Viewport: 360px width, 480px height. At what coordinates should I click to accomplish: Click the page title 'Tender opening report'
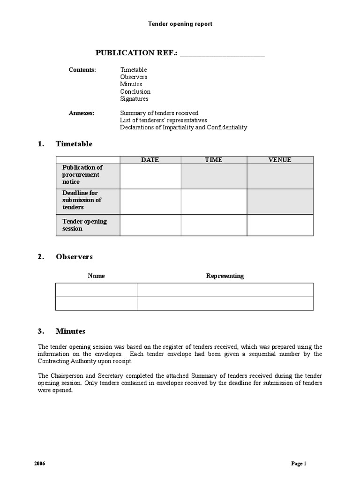pyautogui.click(x=180, y=24)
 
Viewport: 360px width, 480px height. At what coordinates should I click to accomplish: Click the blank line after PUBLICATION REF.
pyautogui.click(x=222, y=53)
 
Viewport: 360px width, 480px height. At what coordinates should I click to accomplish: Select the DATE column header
pyautogui.click(x=150, y=160)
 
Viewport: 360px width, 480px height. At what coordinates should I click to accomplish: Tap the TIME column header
pyautogui.click(x=214, y=160)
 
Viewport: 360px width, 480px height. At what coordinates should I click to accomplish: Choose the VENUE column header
pyautogui.click(x=280, y=160)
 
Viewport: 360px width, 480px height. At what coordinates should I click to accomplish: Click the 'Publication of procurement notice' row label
pyautogui.click(x=82, y=174)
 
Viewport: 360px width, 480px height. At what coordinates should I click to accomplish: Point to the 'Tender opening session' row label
pyautogui.click(x=84, y=225)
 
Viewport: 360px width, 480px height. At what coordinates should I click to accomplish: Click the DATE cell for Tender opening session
pyautogui.click(x=150, y=225)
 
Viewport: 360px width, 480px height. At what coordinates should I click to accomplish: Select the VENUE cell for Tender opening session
pyautogui.click(x=280, y=225)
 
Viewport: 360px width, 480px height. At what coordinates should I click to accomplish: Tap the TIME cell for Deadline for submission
pyautogui.click(x=214, y=201)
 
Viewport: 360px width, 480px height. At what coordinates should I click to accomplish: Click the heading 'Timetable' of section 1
pyautogui.click(x=74, y=144)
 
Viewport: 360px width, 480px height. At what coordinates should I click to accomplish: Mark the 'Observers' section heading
pyautogui.click(x=74, y=257)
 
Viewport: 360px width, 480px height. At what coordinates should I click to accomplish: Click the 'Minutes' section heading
pyautogui.click(x=70, y=331)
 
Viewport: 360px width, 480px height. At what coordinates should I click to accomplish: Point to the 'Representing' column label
pyautogui.click(x=225, y=276)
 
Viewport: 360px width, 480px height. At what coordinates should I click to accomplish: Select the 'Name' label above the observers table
pyautogui.click(x=96, y=276)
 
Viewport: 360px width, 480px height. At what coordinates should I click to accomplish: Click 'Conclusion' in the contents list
pyautogui.click(x=135, y=92)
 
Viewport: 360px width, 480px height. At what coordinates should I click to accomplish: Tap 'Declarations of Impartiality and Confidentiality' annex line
pyautogui.click(x=183, y=127)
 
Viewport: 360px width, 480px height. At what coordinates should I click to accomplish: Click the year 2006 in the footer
pyautogui.click(x=40, y=464)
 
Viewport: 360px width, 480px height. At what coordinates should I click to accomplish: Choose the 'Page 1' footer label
pyautogui.click(x=298, y=464)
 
